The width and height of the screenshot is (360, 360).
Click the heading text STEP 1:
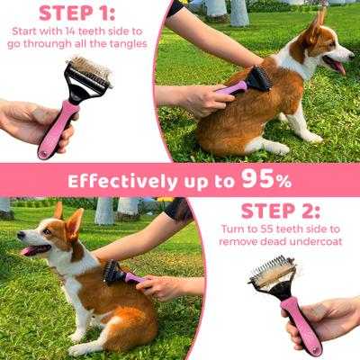(77, 13)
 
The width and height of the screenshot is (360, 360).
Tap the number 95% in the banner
(267, 179)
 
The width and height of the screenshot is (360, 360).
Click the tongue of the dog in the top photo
(337, 67)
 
